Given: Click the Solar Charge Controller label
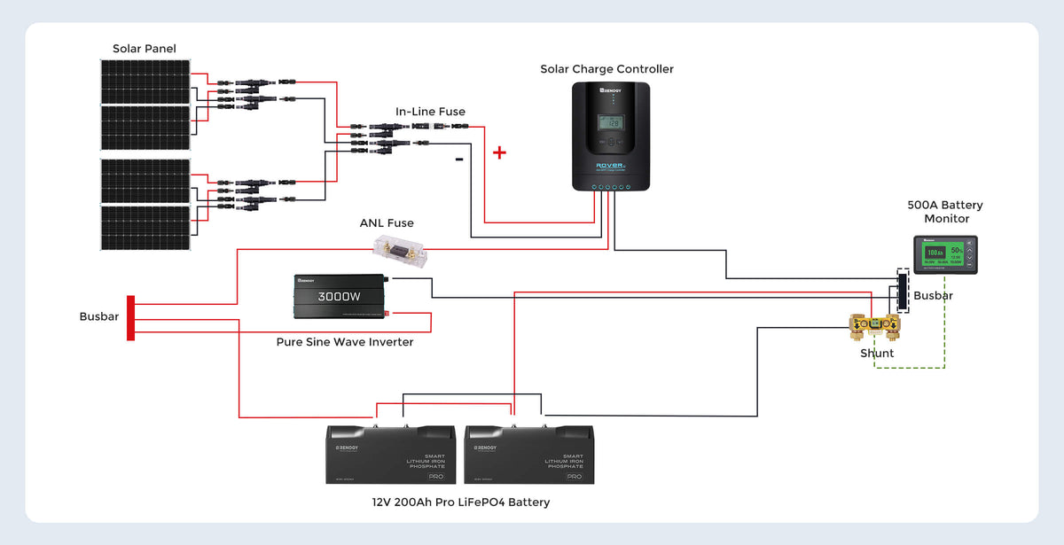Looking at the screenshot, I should [607, 69].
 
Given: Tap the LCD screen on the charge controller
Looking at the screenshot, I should [610, 122].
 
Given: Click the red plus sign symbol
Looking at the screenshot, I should [499, 152].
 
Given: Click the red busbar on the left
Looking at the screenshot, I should [131, 317].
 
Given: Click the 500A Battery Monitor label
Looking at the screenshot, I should [945, 212].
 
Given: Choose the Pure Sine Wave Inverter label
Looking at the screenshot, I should [345, 342].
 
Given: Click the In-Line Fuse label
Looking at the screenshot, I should [430, 112].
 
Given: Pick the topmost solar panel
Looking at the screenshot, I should [145, 82].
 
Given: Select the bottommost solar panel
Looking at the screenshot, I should [145, 228].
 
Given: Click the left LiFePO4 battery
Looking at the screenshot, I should [391, 454].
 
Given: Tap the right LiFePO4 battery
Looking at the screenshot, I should [529, 454].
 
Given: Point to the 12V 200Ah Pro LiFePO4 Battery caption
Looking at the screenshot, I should [461, 502].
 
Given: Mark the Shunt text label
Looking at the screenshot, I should [877, 354].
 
